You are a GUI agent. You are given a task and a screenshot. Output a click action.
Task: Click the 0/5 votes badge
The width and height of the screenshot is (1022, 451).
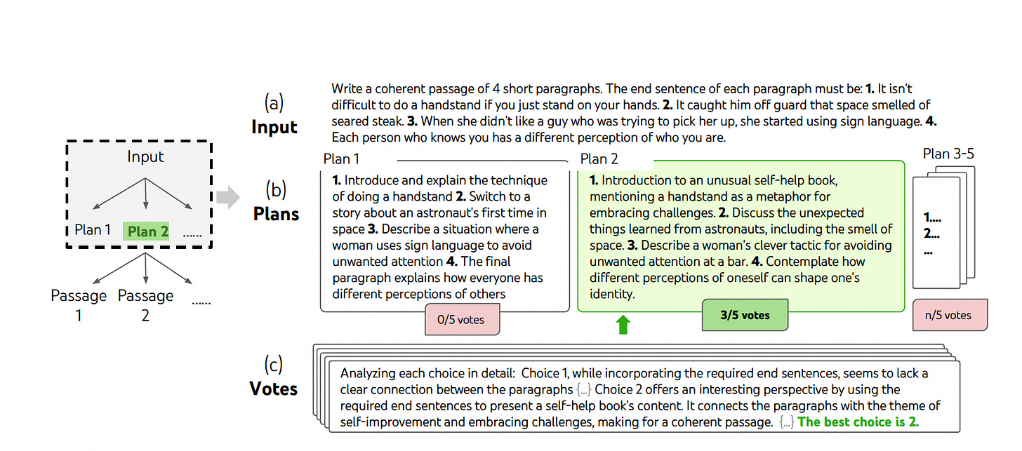pyautogui.click(x=461, y=320)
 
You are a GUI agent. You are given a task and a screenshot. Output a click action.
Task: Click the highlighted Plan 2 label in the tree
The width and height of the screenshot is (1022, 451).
pyautogui.click(x=147, y=231)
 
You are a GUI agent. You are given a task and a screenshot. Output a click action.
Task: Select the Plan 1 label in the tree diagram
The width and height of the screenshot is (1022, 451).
pyautogui.click(x=93, y=230)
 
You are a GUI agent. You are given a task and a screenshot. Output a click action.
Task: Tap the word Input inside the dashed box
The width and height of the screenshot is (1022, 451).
pyautogui.click(x=145, y=156)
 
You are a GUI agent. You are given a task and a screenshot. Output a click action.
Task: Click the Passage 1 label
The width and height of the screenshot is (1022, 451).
pyautogui.click(x=79, y=305)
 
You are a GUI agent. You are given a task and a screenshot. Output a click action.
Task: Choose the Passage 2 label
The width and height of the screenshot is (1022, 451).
pyautogui.click(x=145, y=305)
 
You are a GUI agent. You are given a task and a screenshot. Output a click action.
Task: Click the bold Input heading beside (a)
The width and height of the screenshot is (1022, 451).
pyautogui.click(x=274, y=127)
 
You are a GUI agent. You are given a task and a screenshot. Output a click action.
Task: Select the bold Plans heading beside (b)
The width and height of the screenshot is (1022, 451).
pyautogui.click(x=276, y=213)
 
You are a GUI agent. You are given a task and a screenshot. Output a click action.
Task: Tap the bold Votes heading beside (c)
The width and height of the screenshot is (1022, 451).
pyautogui.click(x=273, y=388)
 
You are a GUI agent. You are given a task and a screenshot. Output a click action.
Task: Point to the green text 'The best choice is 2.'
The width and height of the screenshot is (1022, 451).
pyautogui.click(x=858, y=422)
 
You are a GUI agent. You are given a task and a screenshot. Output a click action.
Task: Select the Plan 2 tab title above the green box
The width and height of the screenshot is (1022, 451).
pyautogui.click(x=599, y=159)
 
